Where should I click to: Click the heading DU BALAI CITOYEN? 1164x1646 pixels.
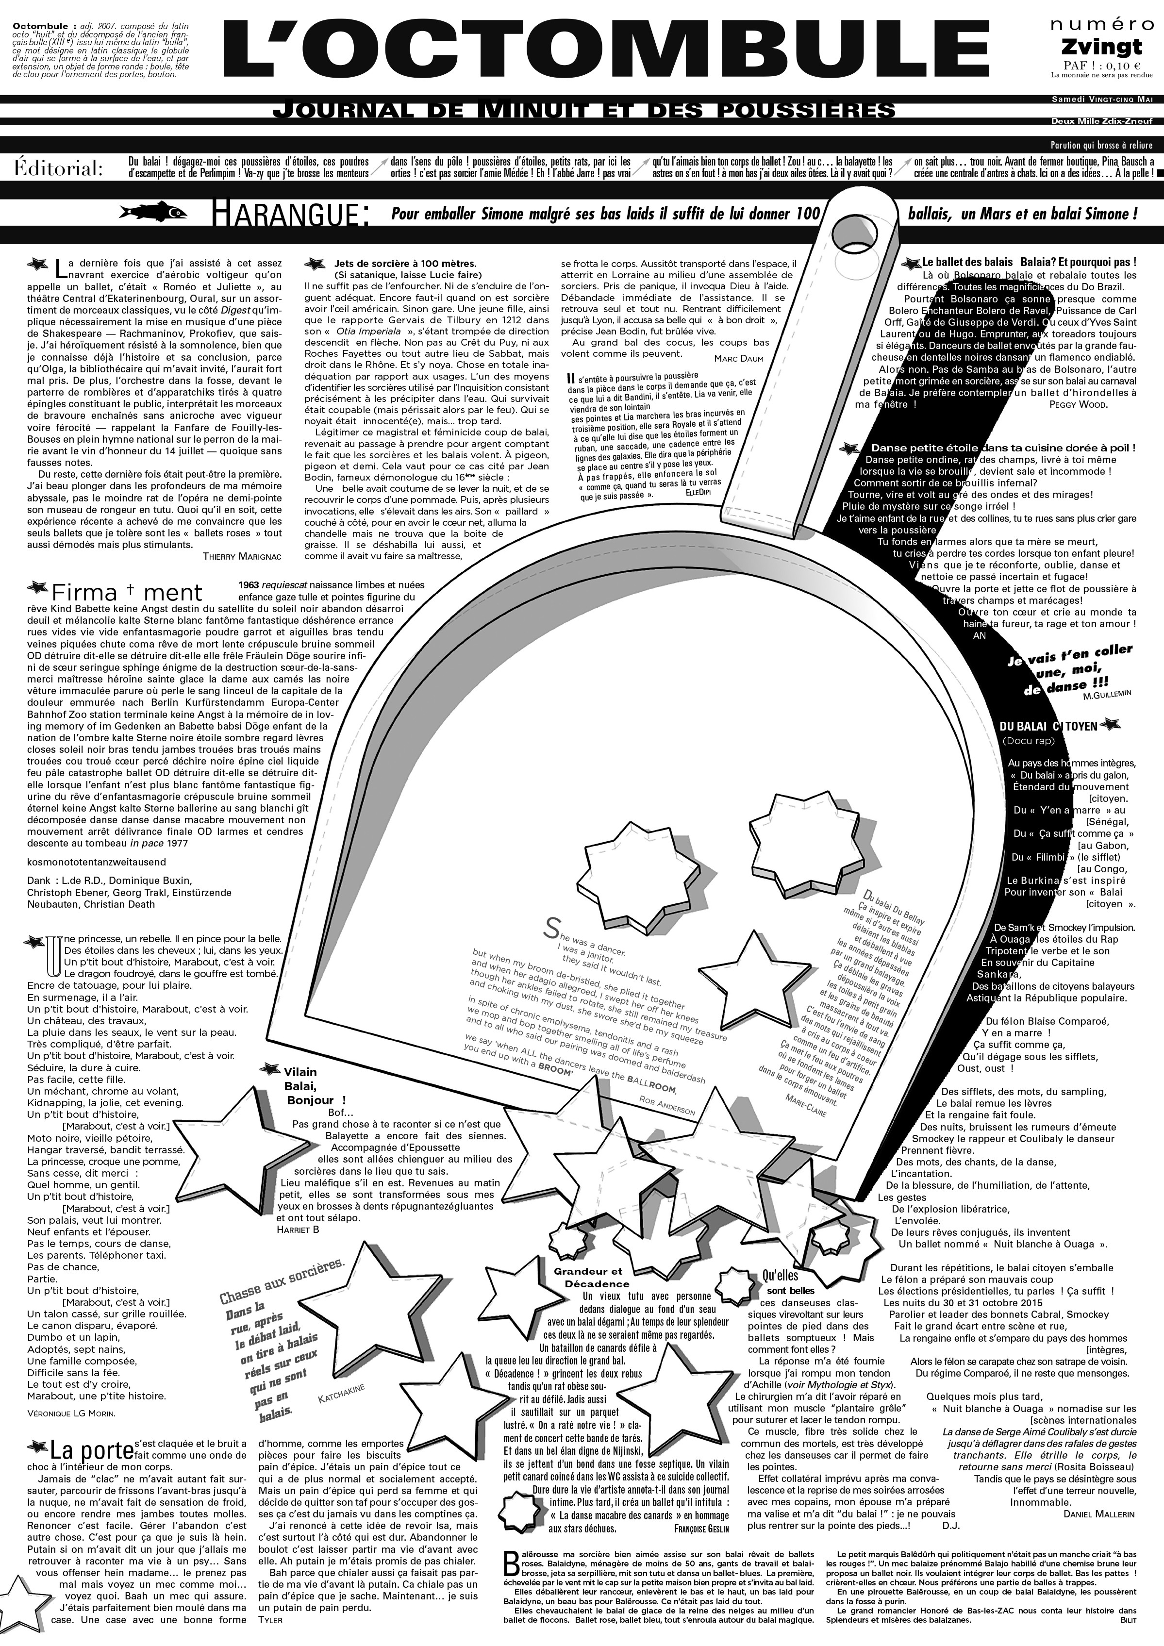tap(1048, 726)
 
